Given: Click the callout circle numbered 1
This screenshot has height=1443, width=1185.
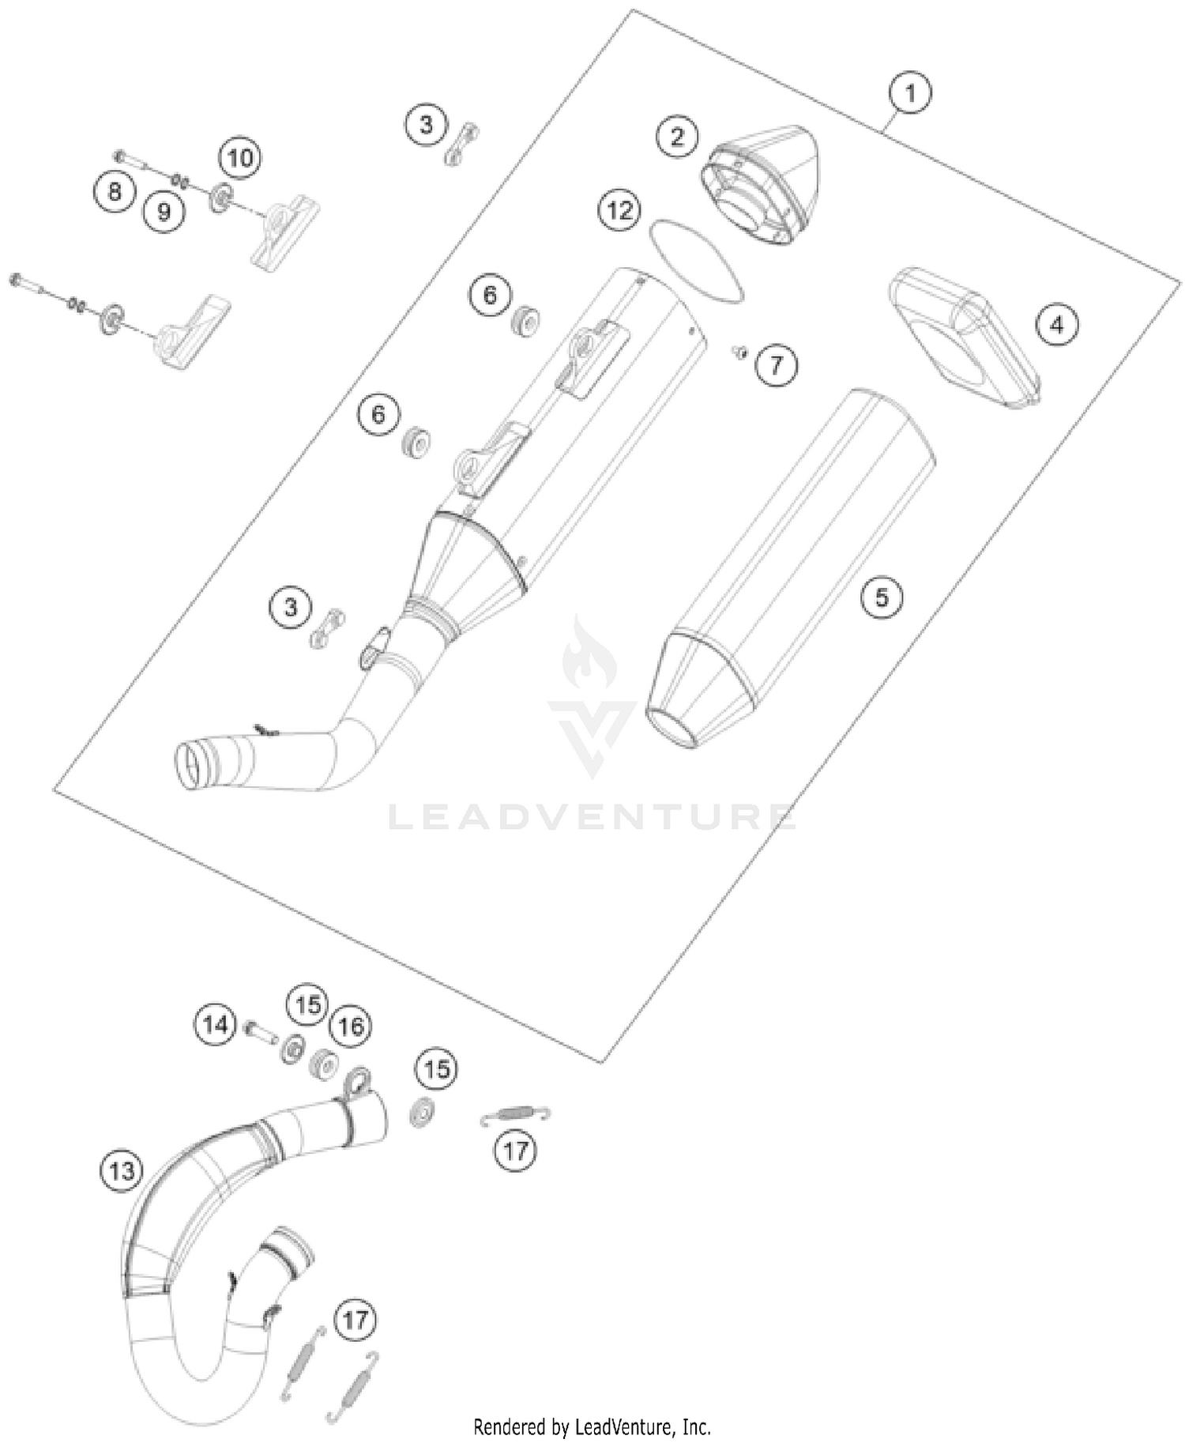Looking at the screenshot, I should [x=910, y=93].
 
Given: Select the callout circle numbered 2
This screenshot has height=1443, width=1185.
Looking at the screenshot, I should [x=677, y=138].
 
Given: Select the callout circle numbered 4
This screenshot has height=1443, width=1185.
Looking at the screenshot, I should [x=1057, y=324].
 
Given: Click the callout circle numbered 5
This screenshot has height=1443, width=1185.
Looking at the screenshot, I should [x=882, y=597].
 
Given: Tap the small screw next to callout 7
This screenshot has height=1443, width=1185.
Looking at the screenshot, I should [x=740, y=352].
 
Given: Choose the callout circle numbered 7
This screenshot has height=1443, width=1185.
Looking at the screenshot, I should [x=776, y=365].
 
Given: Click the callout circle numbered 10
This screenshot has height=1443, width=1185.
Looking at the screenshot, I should [x=240, y=157].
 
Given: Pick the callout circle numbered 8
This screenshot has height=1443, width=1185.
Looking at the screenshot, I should [x=115, y=192].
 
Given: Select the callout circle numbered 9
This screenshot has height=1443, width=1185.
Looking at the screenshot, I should [x=164, y=211].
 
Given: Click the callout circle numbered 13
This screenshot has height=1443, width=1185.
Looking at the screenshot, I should [x=122, y=1170].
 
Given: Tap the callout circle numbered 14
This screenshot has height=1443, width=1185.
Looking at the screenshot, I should [x=215, y=1025].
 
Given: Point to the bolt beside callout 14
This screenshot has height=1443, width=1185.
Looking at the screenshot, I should [x=257, y=1029].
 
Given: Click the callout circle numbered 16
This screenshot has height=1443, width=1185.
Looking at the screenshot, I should [x=350, y=1027].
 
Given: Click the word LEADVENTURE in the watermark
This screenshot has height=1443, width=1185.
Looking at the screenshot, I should [x=592, y=817].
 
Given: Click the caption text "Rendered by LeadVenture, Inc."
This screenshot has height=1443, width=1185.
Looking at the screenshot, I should [x=592, y=1427].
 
